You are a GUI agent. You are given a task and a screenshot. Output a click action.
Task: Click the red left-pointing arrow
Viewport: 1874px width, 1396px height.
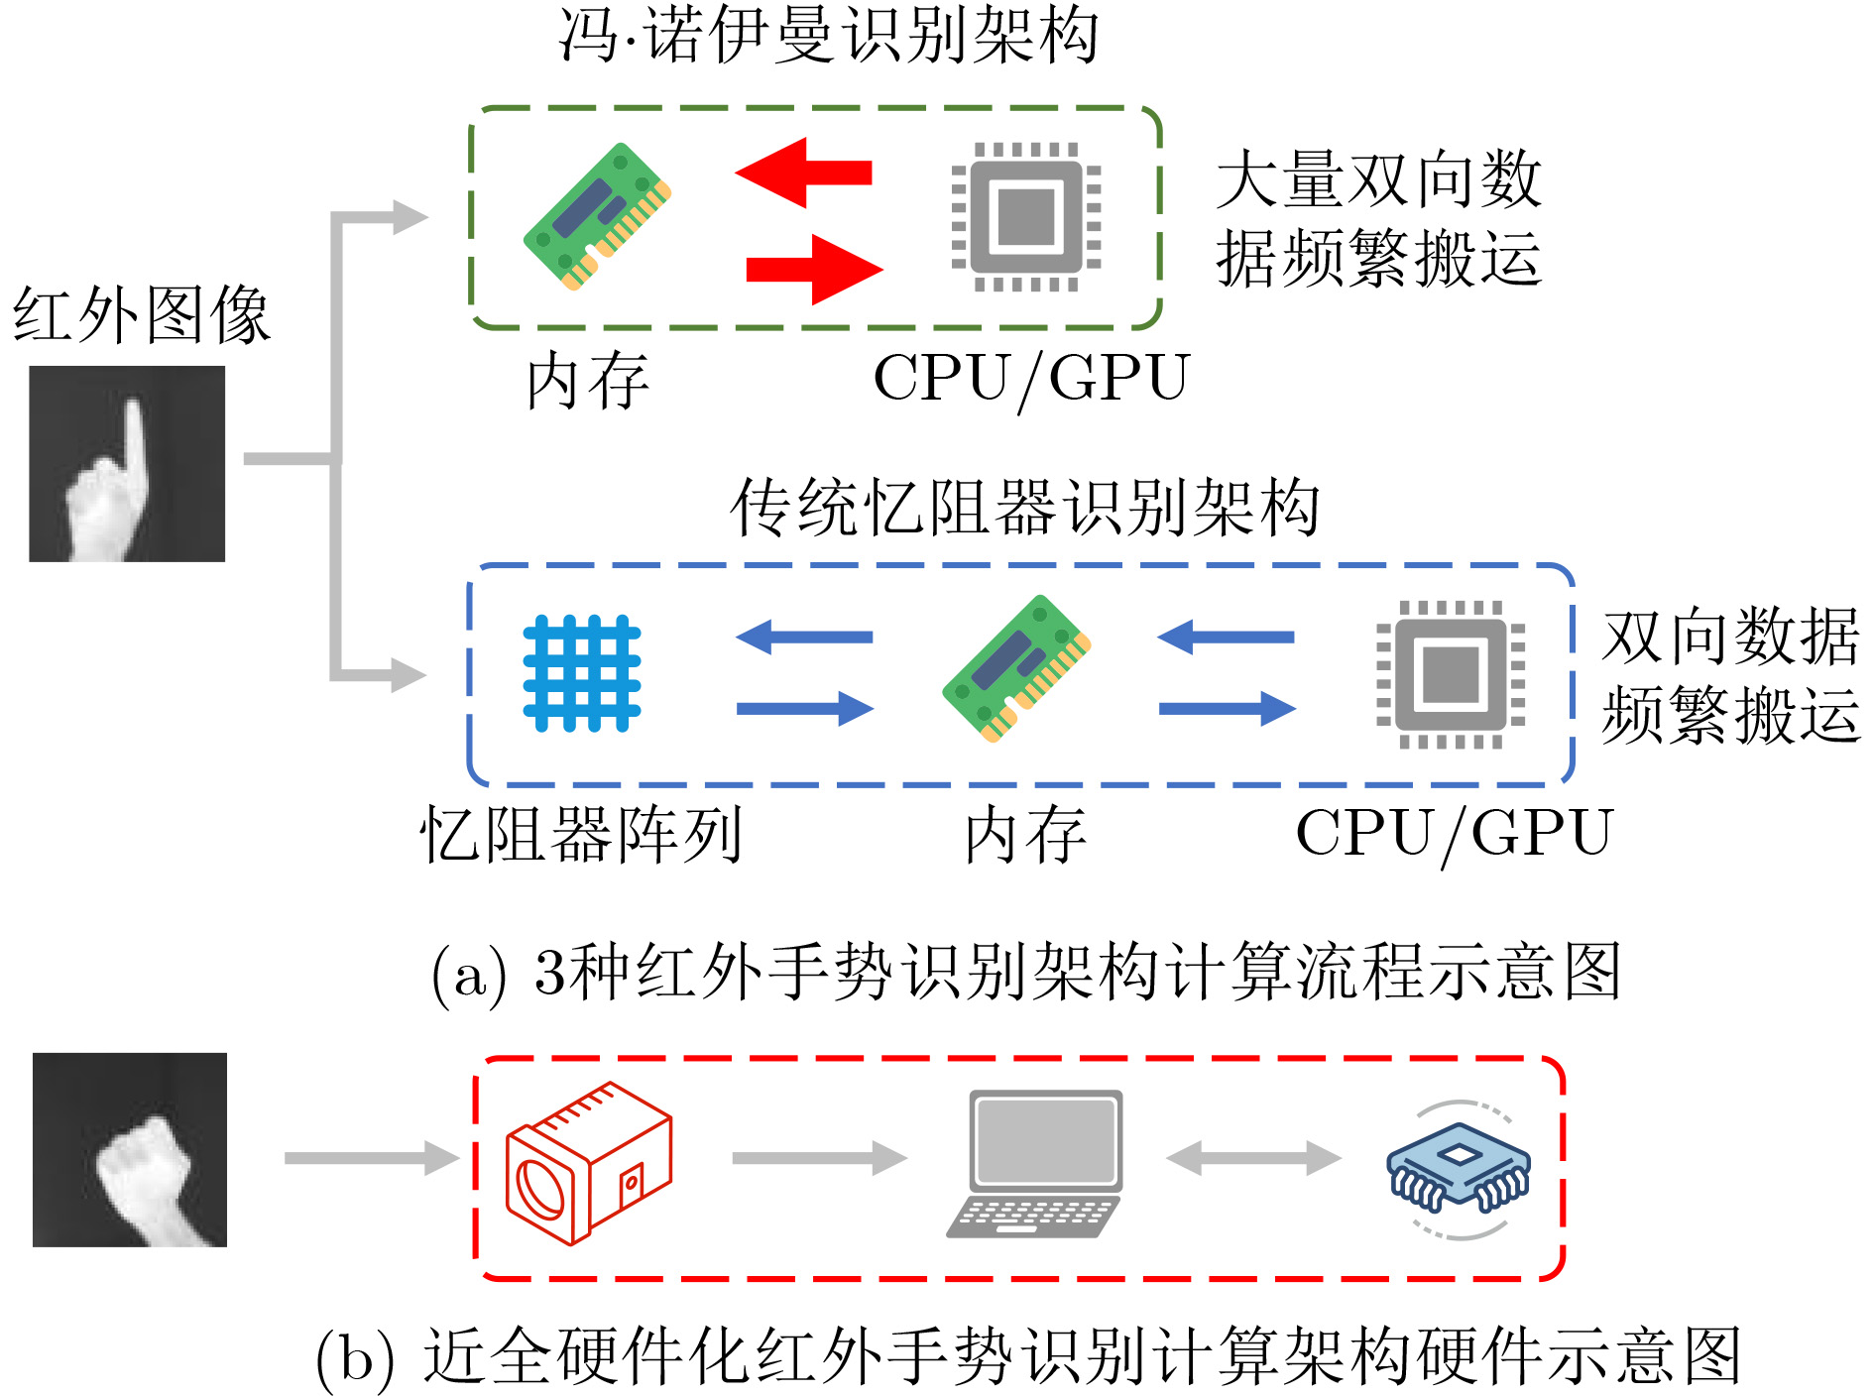803,173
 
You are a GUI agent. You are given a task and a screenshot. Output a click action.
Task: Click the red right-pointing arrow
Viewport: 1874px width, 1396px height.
814,269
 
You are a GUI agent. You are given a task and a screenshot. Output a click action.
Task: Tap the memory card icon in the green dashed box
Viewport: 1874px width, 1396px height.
597,216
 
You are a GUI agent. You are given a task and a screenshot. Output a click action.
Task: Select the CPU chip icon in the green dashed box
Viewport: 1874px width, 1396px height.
1026,217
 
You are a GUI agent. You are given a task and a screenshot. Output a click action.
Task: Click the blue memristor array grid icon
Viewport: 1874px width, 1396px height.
582,673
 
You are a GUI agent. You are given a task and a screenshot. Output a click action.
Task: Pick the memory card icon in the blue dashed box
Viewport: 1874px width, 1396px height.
1016,668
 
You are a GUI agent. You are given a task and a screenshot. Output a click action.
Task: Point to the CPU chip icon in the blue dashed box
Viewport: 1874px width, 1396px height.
1451,674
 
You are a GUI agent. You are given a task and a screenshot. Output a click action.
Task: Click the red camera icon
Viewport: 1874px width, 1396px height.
589,1162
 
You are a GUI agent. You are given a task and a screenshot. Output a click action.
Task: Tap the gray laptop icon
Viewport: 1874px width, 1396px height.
1034,1164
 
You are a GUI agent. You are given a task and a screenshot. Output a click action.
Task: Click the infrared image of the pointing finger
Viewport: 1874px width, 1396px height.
127,464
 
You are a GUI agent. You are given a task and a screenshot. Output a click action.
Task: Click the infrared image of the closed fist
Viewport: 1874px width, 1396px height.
130,1150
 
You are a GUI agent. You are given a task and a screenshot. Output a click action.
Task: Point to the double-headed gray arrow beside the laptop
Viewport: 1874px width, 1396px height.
1254,1157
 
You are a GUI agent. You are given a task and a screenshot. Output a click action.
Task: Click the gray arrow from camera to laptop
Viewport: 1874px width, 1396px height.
820,1157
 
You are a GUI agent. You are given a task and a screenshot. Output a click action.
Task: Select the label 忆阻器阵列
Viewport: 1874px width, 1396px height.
581,835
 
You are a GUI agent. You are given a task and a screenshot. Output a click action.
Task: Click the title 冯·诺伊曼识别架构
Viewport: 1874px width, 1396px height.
829,36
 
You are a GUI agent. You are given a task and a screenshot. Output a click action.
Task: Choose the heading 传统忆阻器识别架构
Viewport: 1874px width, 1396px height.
1025,508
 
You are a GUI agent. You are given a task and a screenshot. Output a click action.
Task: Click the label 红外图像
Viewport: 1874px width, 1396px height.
141,315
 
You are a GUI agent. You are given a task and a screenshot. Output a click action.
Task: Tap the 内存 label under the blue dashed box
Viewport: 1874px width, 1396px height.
1025,835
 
